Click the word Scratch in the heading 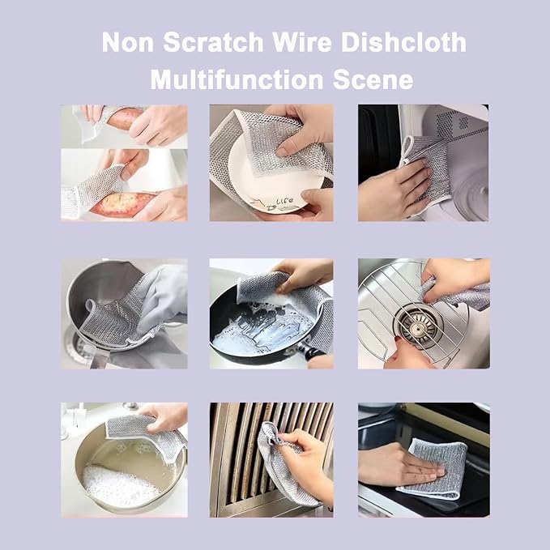(x=213, y=42)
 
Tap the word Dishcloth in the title (x=403, y=42)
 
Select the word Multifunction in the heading (x=237, y=79)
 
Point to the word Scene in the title (x=373, y=80)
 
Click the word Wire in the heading (x=302, y=42)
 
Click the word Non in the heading (x=128, y=42)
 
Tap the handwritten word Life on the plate (x=284, y=202)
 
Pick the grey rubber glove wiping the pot (x=162, y=297)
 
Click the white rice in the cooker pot (x=117, y=486)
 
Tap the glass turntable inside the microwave (x=471, y=195)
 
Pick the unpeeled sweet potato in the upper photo (x=125, y=117)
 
